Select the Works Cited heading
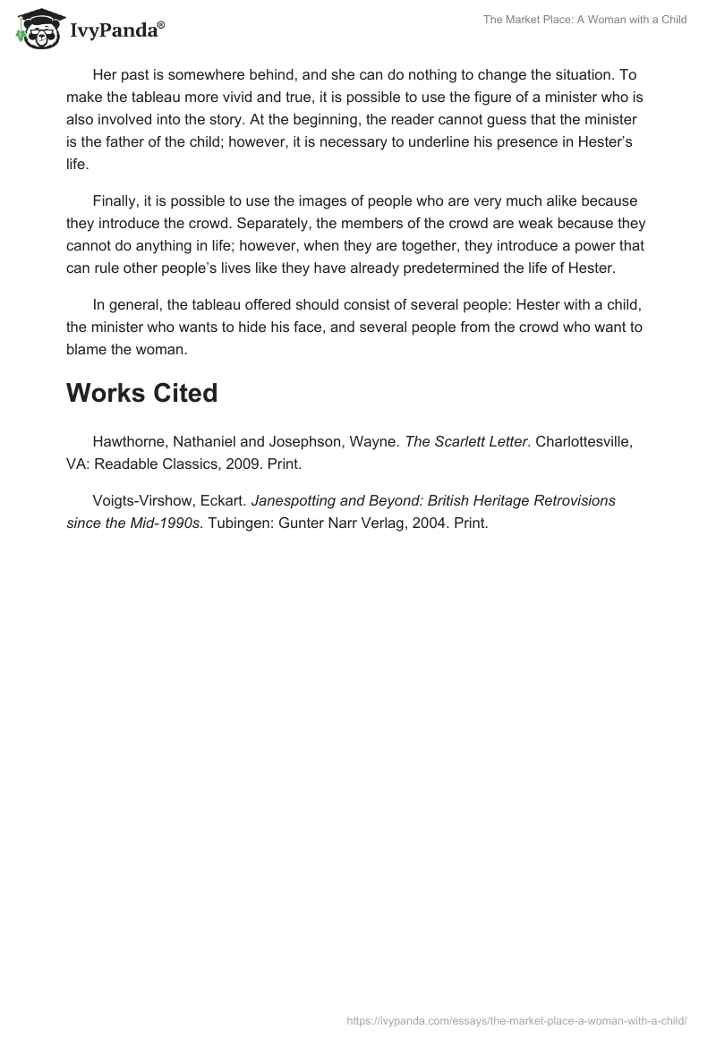coord(141,392)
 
